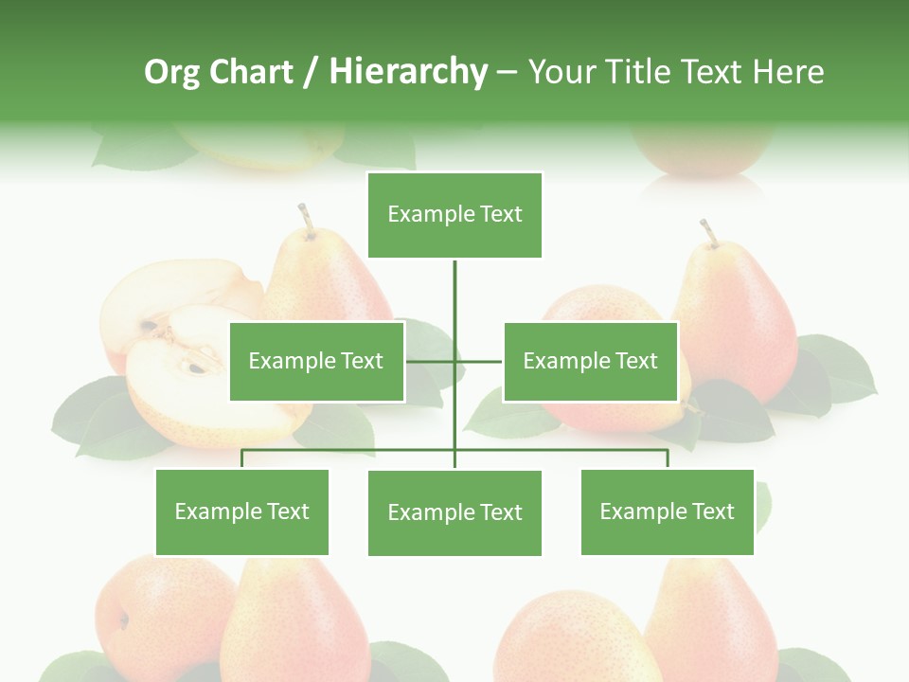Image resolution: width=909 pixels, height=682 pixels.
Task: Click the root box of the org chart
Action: click(x=454, y=215)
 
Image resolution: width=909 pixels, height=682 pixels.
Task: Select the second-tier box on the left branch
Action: click(x=316, y=361)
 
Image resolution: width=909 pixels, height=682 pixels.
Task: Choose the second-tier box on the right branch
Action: click(x=590, y=361)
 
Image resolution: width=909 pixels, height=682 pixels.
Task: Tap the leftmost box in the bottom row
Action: click(x=241, y=511)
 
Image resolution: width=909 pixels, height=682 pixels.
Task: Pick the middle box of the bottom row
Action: click(x=454, y=512)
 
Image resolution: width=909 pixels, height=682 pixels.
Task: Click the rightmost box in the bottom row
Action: click(x=667, y=511)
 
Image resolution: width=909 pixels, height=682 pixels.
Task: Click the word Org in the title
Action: click(x=171, y=73)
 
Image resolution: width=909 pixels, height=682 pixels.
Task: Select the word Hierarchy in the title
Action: click(x=407, y=73)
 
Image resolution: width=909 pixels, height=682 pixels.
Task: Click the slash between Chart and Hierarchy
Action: click(x=311, y=73)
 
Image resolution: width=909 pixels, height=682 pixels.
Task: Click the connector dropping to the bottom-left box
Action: click(x=241, y=458)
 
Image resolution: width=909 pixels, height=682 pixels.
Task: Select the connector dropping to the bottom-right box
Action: click(x=667, y=458)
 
